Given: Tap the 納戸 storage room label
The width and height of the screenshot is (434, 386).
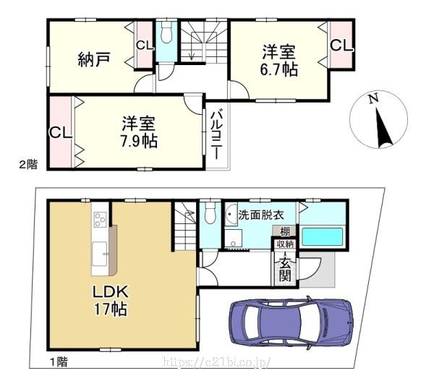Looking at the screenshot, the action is tap(94, 59).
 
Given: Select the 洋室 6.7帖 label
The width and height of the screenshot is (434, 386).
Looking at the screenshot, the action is tap(278, 60).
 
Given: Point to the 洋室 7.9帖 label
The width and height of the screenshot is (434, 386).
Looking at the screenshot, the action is tap(139, 132).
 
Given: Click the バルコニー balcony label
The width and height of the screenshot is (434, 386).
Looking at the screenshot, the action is tap(216, 134).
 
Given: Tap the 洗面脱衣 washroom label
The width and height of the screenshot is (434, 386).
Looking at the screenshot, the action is tap(261, 215).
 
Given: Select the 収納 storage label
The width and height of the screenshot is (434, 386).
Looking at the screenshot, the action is tap(285, 244).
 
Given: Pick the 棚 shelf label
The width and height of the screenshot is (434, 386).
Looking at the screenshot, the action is tap(285, 231).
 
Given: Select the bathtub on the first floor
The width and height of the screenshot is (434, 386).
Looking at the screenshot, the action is tap(323, 237).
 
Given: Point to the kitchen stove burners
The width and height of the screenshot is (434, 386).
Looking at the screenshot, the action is tap(99, 219).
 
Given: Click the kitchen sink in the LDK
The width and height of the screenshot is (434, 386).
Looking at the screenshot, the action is tap(100, 254).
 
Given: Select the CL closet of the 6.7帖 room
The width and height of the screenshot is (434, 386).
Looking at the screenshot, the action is tap(341, 44).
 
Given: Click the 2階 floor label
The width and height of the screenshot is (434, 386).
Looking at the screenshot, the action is tap(28, 164).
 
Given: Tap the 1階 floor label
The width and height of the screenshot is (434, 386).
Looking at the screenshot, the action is tap(59, 361).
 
